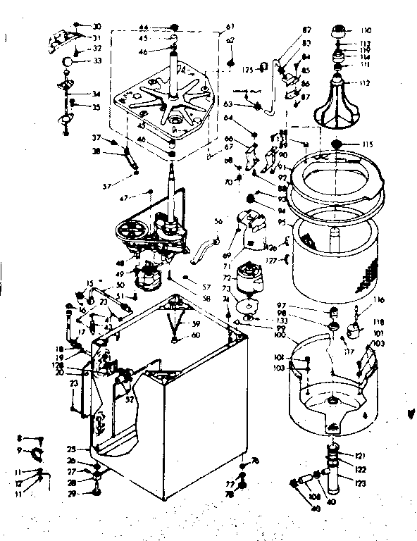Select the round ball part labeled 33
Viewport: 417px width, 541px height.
pos(67,62)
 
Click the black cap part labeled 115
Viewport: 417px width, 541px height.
pos(338,145)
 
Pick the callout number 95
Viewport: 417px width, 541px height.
pos(280,223)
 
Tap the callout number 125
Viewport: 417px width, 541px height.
pos(248,70)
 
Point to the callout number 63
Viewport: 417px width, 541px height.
pos(228,104)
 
